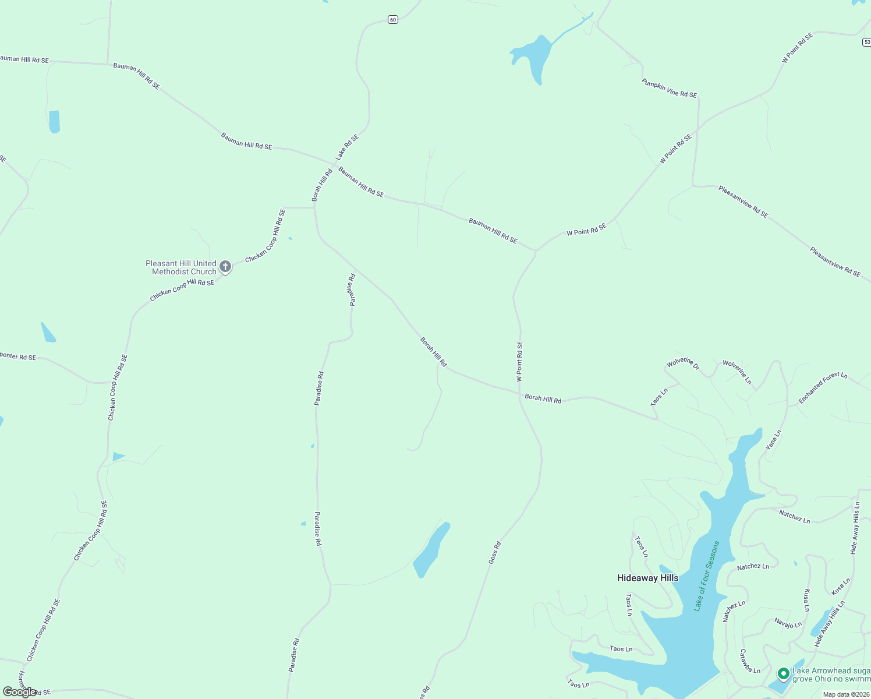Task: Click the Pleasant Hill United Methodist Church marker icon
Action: pos(225,267)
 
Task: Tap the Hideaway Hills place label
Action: pos(647,578)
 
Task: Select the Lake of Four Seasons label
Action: pos(707,576)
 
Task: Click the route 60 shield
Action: pos(393,20)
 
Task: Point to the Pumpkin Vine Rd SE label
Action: pos(669,88)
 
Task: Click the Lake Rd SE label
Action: pos(347,147)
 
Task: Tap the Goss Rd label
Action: pos(494,553)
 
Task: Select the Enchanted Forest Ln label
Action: pos(823,388)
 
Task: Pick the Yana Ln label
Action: pos(773,440)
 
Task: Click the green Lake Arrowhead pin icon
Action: pos(783,674)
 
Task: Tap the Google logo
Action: pos(19,692)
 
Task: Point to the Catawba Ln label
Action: pos(750,661)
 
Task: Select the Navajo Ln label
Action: pos(788,623)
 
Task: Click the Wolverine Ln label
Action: pos(737,372)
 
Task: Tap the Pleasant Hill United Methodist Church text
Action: pos(181,267)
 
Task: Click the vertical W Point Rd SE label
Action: pos(519,361)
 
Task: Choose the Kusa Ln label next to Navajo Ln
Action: pos(806,601)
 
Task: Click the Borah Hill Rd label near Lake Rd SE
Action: pos(322,185)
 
